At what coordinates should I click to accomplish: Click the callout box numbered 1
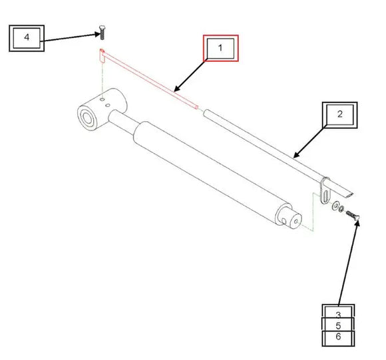[220, 49]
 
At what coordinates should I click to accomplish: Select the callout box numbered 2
[339, 114]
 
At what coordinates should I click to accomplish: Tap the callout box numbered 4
[27, 37]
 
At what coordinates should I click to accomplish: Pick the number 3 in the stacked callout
[339, 314]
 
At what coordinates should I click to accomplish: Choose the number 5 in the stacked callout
[339, 326]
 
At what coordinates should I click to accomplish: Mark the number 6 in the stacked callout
[339, 338]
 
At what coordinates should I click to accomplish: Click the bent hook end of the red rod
[102, 55]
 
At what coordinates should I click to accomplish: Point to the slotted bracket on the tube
[324, 189]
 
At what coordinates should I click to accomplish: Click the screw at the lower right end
[353, 216]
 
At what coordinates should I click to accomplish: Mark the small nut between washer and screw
[342, 210]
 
